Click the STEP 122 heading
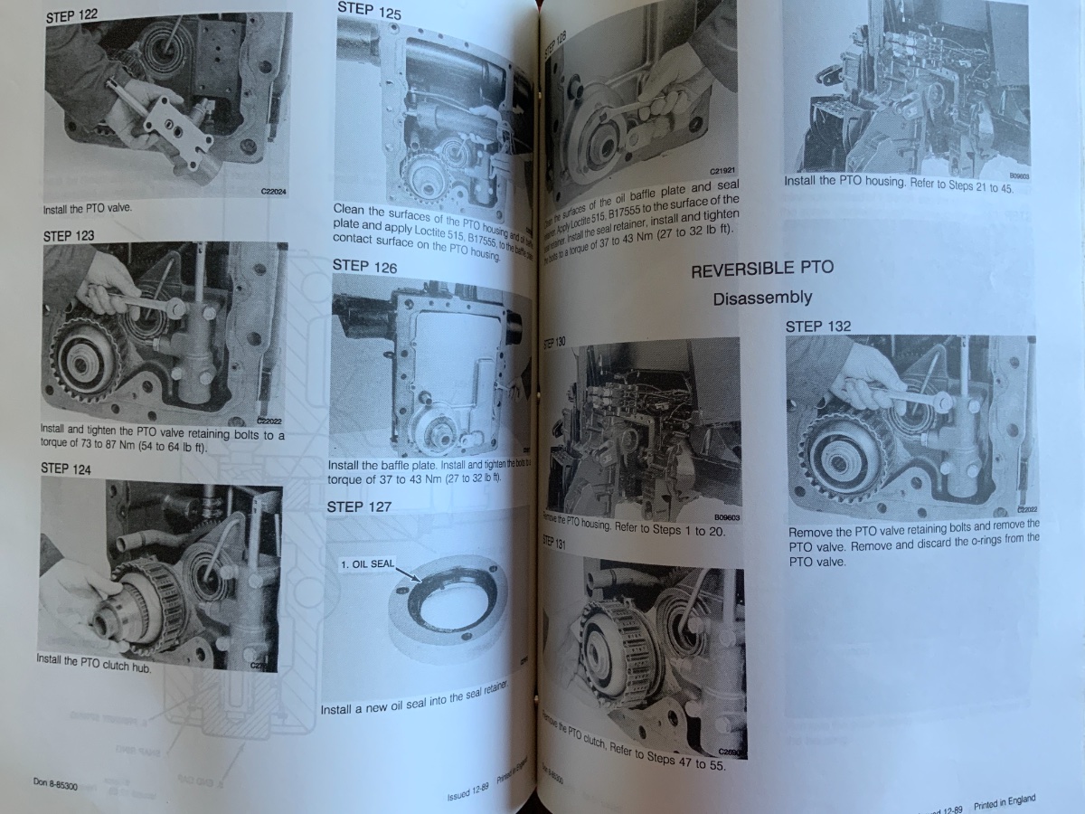(71, 15)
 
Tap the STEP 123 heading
(68, 235)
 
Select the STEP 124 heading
(66, 468)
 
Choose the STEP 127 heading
(359, 506)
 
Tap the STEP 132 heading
(817, 326)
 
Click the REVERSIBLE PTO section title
(761, 270)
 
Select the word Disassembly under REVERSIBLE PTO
(762, 298)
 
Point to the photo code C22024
(272, 192)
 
